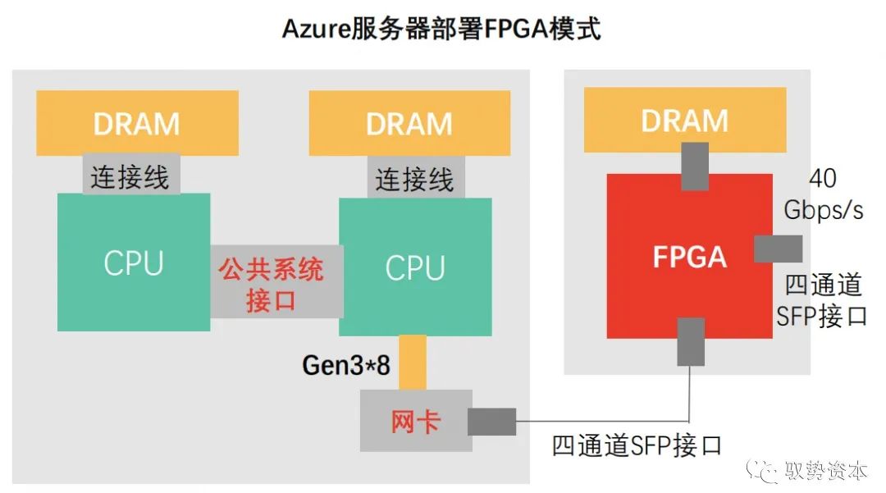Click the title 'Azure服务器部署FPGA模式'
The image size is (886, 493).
442,30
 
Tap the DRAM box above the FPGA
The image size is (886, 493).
684,120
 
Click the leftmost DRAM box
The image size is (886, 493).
137,123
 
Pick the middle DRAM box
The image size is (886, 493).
409,123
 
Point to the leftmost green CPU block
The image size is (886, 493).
134,262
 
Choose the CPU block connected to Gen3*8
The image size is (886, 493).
415,267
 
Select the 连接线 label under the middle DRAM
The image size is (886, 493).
415,178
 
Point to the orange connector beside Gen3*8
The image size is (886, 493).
412,361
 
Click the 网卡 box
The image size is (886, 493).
415,421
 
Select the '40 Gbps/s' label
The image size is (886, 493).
823,194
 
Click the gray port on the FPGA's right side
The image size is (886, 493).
777,249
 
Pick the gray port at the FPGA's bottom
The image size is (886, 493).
691,341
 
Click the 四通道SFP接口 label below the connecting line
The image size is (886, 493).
637,445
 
